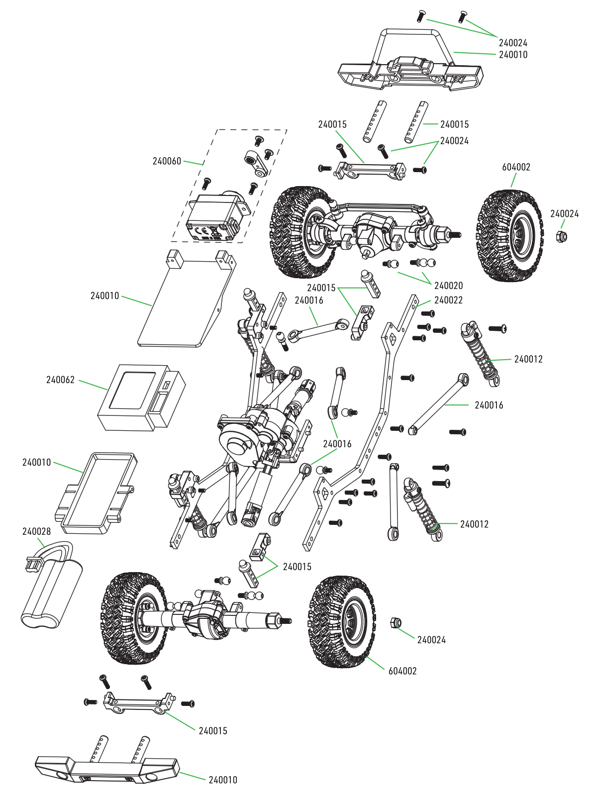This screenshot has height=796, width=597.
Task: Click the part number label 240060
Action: [167, 161]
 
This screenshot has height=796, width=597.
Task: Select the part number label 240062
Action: [60, 380]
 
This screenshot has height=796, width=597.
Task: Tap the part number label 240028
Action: [36, 532]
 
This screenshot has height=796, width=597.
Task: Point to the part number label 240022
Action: [448, 300]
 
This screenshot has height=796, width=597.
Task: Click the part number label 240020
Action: [448, 286]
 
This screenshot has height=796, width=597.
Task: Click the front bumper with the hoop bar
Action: [410, 70]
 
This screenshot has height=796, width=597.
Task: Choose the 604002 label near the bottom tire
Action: [402, 671]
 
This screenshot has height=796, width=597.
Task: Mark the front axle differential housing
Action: [373, 229]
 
